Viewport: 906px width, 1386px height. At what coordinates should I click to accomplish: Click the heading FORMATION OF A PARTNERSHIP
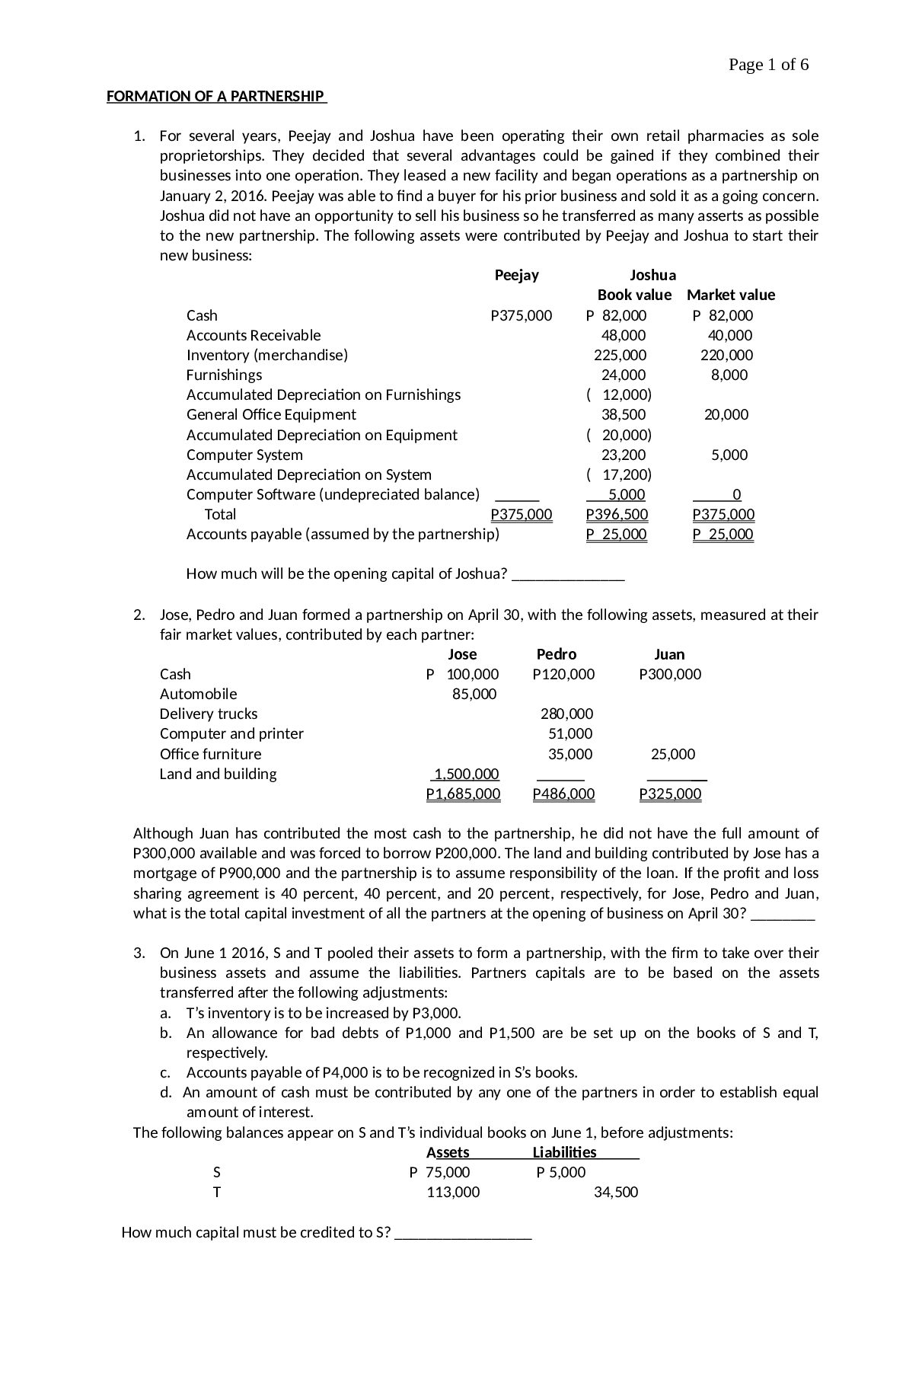[215, 97]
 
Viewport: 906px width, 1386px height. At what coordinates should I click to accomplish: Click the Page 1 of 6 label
[767, 65]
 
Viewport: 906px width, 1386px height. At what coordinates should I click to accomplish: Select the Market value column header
[730, 295]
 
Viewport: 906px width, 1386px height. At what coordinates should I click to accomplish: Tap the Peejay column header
[516, 276]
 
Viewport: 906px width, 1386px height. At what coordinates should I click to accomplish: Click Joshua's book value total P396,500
[617, 515]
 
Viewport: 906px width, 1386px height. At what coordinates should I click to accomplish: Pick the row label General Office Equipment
[271, 415]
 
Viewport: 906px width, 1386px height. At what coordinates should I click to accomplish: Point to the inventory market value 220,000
[726, 356]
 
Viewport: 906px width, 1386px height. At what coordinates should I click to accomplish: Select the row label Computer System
[244, 455]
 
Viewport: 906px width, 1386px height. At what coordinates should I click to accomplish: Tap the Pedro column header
[557, 655]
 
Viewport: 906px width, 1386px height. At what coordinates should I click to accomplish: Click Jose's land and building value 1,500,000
[466, 774]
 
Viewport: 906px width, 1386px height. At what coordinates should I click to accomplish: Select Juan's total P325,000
[670, 795]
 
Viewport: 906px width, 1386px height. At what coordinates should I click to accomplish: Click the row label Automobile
[198, 695]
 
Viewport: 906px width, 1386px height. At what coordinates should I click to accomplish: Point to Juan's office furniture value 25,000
[672, 755]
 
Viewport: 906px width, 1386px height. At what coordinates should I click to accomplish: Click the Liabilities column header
[564, 1153]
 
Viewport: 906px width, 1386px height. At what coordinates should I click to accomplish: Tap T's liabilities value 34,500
[615, 1193]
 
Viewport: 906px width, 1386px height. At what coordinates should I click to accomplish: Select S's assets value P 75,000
[440, 1173]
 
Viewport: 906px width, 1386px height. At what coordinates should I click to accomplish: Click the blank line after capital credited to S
[463, 1233]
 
